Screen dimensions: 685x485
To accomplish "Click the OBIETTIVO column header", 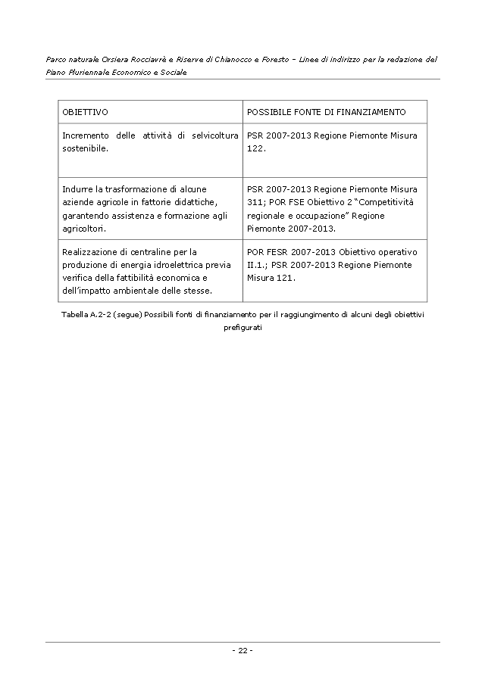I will click(x=85, y=112).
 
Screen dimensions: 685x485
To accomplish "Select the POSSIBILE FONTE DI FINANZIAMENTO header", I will click(x=326, y=112).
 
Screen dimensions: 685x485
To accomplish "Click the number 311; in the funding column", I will click(x=258, y=202).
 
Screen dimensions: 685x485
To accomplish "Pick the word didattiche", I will click(x=196, y=202).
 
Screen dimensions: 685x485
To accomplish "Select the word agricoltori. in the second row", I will click(x=84, y=228).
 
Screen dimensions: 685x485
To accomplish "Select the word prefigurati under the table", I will click(x=242, y=327).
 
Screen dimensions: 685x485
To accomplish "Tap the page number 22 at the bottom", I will click(x=242, y=650).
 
